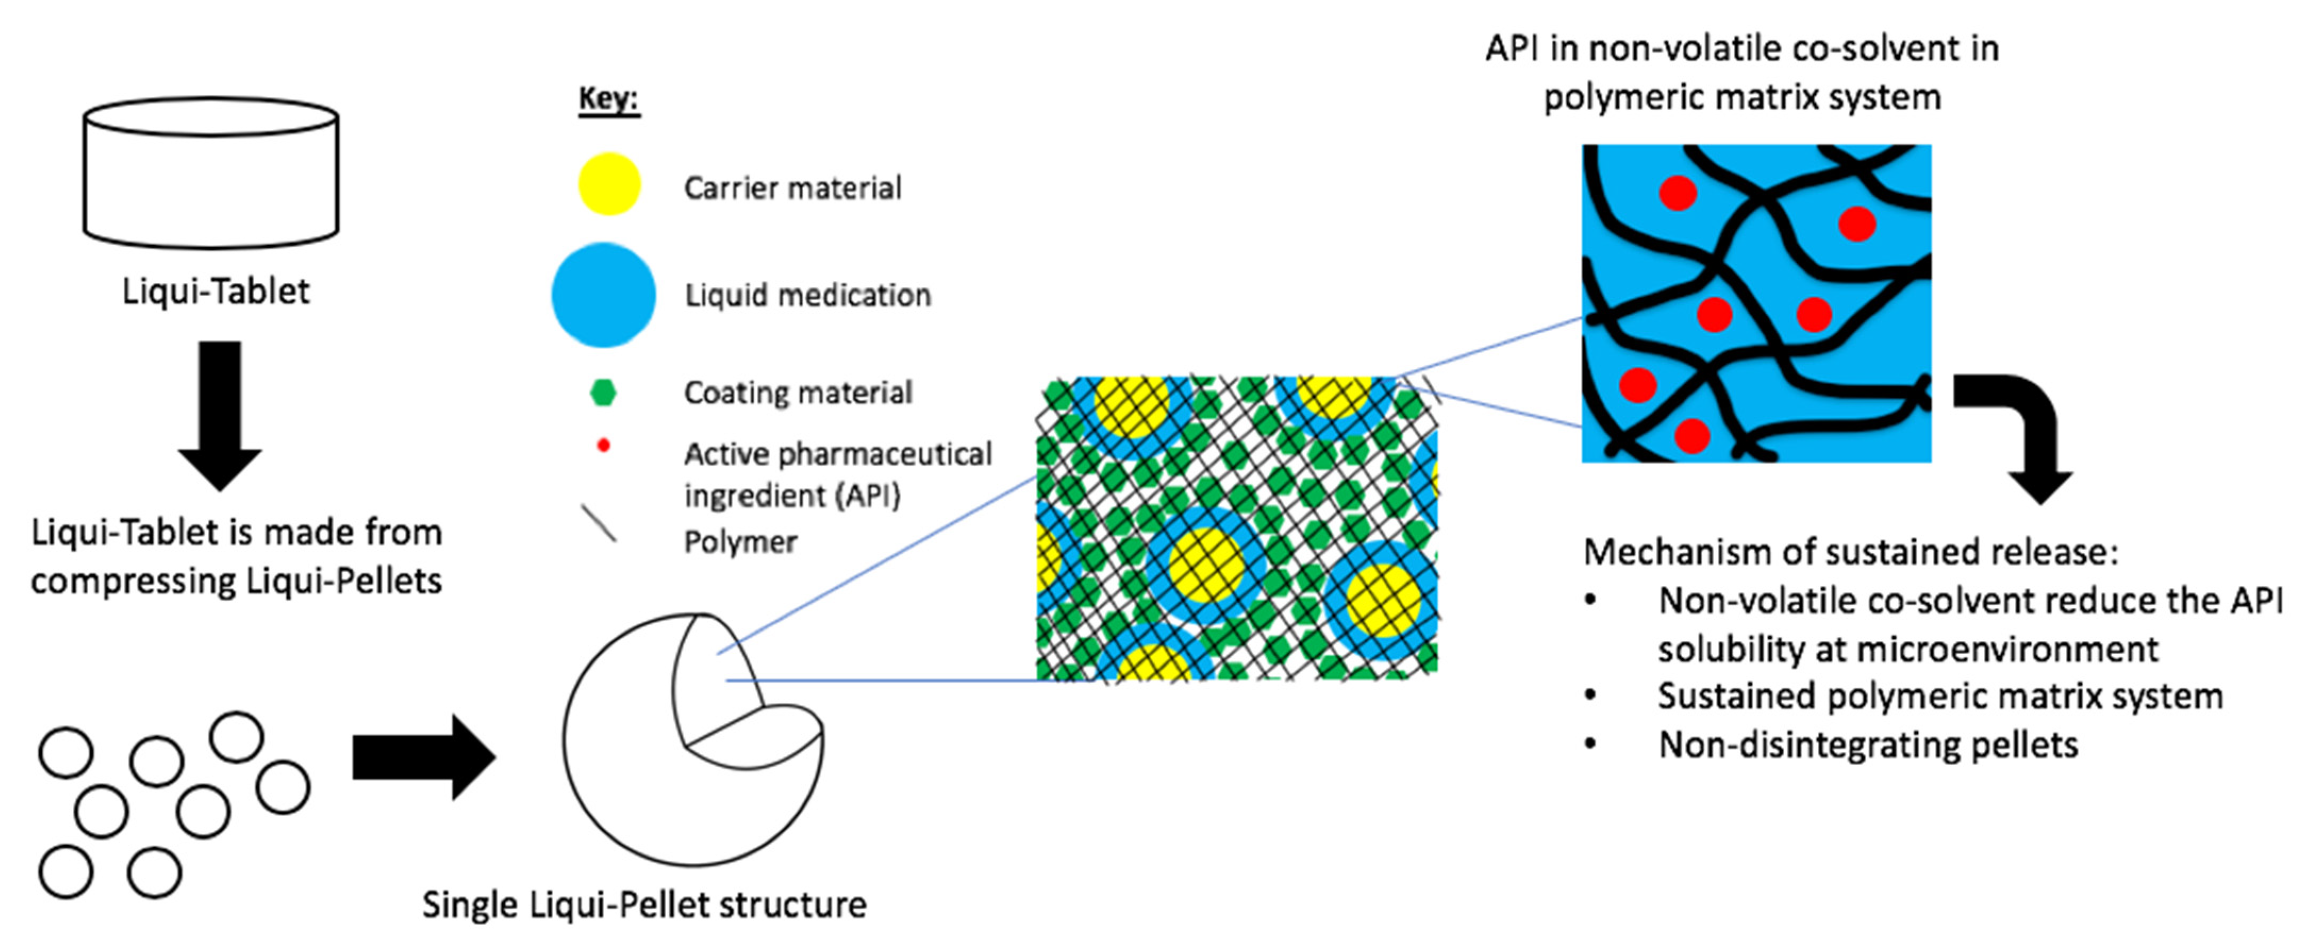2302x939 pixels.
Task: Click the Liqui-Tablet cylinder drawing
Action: pyautogui.click(x=211, y=173)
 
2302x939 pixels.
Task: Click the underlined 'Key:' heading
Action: pyautogui.click(x=608, y=98)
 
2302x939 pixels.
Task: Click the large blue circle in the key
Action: pyautogui.click(x=603, y=295)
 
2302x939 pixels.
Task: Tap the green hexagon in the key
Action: pyautogui.click(x=604, y=392)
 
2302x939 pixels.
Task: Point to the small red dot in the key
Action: pyautogui.click(x=604, y=445)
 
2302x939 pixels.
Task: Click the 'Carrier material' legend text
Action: pyautogui.click(x=793, y=188)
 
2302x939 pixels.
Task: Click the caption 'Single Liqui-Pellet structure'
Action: pyautogui.click(x=644, y=905)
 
